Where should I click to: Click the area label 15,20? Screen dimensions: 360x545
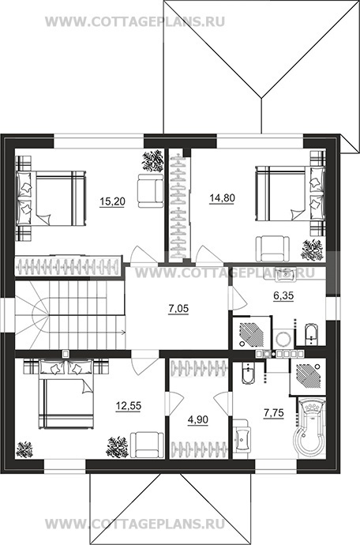(112, 201)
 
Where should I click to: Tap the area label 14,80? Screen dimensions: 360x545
(223, 198)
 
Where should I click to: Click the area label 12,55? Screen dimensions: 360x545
(129, 406)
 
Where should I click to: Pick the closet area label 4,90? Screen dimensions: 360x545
(197, 419)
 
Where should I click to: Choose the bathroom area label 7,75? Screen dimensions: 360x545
(274, 413)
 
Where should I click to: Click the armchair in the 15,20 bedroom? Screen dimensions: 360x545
(150, 190)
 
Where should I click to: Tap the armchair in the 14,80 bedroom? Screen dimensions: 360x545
(272, 248)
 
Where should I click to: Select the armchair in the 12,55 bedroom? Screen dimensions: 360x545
(148, 444)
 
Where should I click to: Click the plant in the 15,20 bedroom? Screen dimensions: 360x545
(152, 160)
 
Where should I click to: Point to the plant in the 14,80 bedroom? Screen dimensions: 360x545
(312, 250)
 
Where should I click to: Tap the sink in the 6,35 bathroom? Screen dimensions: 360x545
(284, 274)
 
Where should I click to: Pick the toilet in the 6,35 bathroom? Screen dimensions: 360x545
(310, 334)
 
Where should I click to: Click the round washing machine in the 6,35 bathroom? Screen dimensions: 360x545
(283, 338)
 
